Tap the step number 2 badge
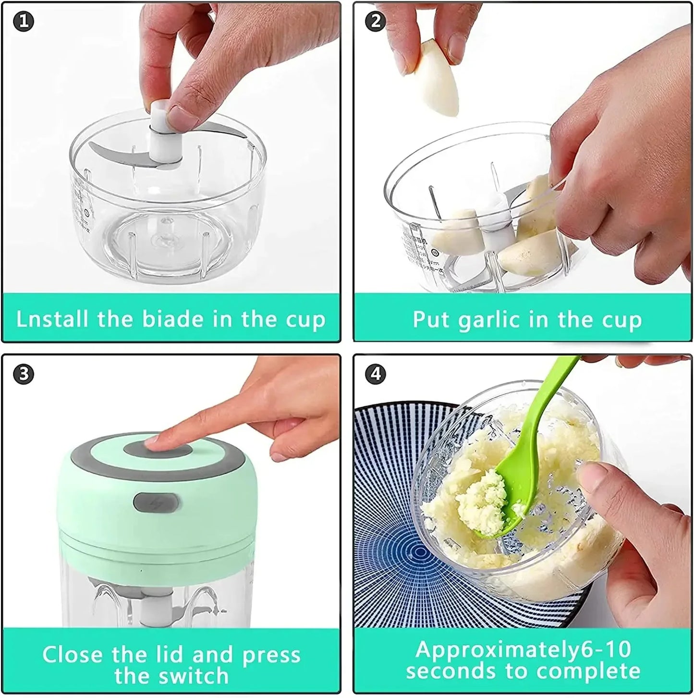pyautogui.click(x=376, y=21)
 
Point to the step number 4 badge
pyautogui.click(x=376, y=373)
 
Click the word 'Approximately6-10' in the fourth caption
pyautogui.click(x=523, y=650)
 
